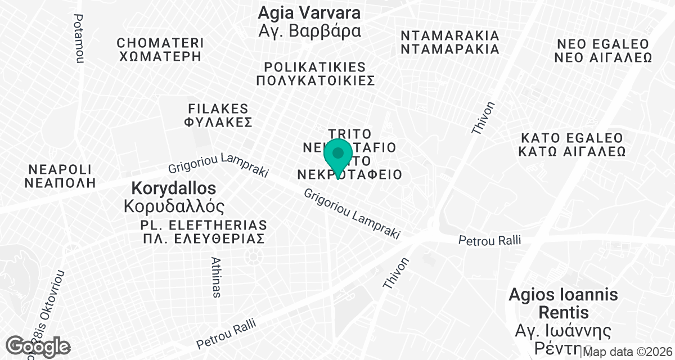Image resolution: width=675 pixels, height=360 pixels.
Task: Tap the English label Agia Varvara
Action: click(309, 12)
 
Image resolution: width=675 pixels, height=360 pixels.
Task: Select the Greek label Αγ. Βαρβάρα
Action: click(309, 30)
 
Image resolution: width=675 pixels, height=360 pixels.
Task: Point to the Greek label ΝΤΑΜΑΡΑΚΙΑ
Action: click(450, 49)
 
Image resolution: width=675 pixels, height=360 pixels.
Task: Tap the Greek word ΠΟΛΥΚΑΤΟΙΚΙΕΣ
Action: click(315, 80)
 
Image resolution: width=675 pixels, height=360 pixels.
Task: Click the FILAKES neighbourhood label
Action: click(219, 108)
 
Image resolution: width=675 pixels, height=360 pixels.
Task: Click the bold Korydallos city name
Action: click(173, 187)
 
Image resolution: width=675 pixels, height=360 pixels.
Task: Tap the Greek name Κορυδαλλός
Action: click(174, 205)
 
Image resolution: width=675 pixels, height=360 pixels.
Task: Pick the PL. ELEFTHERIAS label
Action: click(203, 224)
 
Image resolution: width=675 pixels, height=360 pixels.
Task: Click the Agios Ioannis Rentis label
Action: click(564, 303)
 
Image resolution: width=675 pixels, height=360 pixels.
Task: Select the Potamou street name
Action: click(78, 38)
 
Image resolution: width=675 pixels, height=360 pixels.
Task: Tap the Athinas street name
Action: click(216, 277)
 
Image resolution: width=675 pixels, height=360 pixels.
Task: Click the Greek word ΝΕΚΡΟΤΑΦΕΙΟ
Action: click(350, 174)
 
